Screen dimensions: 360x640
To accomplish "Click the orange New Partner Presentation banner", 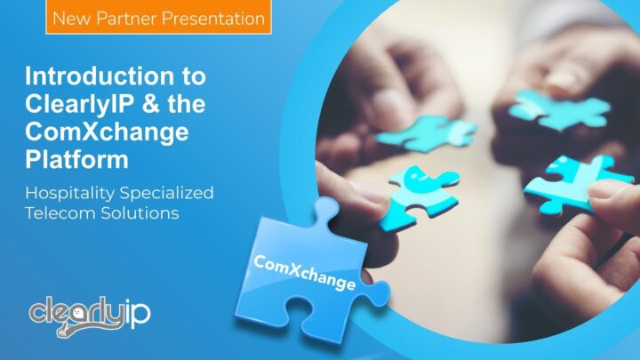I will [159, 17].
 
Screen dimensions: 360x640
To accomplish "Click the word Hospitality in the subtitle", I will [76, 193].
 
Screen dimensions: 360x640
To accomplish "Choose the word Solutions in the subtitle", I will [143, 214].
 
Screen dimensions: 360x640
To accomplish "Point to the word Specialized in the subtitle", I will [172, 193].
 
